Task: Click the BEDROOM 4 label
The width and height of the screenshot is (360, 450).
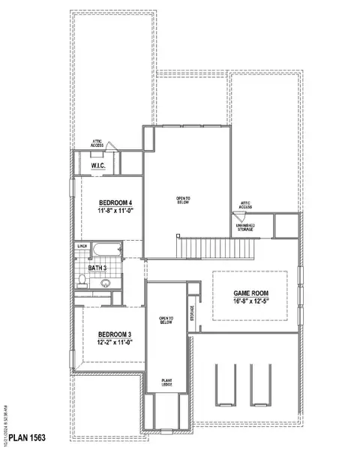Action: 115,202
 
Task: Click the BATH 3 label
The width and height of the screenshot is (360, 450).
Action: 97,267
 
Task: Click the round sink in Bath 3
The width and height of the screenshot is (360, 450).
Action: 106,283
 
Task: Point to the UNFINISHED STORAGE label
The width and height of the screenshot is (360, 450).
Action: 246,227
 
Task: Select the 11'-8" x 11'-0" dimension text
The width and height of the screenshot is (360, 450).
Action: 115,212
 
